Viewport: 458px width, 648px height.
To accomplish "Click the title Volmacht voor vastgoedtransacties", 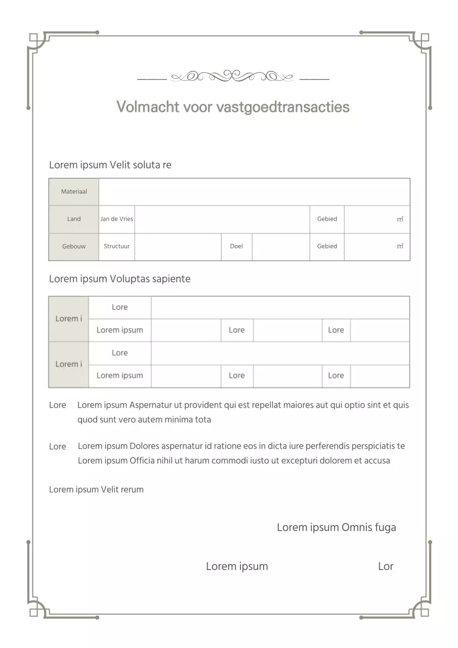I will (233, 107).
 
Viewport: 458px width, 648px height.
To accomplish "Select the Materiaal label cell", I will (74, 192).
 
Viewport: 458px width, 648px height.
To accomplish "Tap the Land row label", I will (74, 219).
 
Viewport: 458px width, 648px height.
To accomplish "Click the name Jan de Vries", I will (117, 219).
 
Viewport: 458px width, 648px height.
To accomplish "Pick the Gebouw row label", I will (74, 247).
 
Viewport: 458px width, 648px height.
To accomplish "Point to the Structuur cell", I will (117, 247).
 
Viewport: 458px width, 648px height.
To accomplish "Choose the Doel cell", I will (236, 247).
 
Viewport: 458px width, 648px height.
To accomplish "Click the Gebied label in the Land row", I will (327, 219).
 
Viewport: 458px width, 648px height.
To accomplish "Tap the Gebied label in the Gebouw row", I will (327, 247).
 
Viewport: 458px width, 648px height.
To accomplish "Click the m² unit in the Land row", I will (400, 219).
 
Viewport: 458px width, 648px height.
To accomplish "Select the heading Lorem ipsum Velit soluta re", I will (110, 165).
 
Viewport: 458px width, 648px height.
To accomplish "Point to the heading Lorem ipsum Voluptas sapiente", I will (119, 279).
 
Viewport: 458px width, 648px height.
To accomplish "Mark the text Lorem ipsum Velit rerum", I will (96, 490).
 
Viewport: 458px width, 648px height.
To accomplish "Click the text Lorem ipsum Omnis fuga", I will (336, 528).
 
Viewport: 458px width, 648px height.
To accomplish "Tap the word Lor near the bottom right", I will (386, 566).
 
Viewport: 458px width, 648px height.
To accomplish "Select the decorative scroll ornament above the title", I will (233, 76).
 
